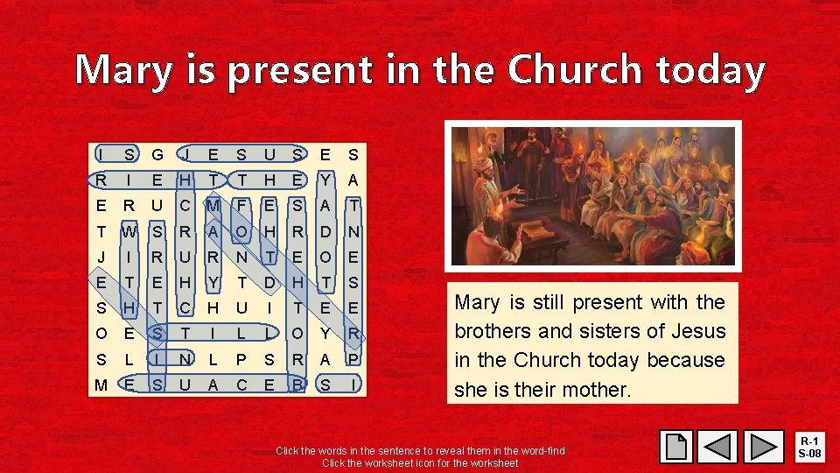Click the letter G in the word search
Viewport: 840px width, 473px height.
tap(157, 155)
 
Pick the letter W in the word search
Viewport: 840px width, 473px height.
tap(129, 232)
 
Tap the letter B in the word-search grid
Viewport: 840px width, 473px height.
tap(297, 385)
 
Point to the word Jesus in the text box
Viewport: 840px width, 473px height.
tap(698, 331)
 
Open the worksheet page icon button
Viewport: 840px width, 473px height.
tap(677, 447)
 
